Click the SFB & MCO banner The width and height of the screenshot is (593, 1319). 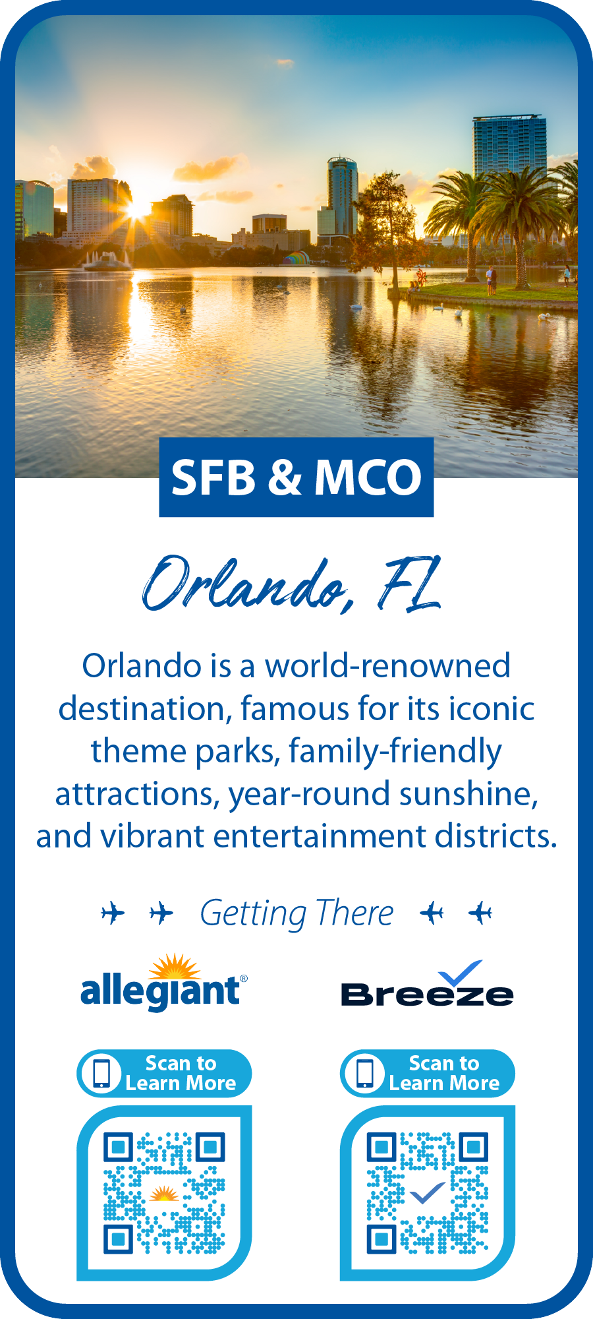pos(296,477)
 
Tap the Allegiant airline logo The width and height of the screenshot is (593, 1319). pos(164,982)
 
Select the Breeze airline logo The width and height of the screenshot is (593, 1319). pos(427,983)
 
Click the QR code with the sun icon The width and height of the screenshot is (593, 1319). pos(164,1193)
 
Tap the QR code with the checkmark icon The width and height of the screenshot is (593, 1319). pos(427,1193)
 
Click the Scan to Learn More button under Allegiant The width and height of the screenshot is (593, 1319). pos(164,1073)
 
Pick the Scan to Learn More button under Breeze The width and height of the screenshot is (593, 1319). pos(427,1073)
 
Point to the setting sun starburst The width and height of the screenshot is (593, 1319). pos(137,210)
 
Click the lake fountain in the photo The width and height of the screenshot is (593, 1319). pos(107,261)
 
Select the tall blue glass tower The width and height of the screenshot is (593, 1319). pos(509,148)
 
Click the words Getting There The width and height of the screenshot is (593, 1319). pos(296,914)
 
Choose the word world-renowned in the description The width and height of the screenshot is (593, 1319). pos(387,666)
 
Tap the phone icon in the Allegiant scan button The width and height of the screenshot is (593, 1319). pos(101,1074)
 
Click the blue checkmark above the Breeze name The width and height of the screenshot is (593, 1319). pos(461,973)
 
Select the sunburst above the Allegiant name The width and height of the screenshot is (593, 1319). pos(175,966)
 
